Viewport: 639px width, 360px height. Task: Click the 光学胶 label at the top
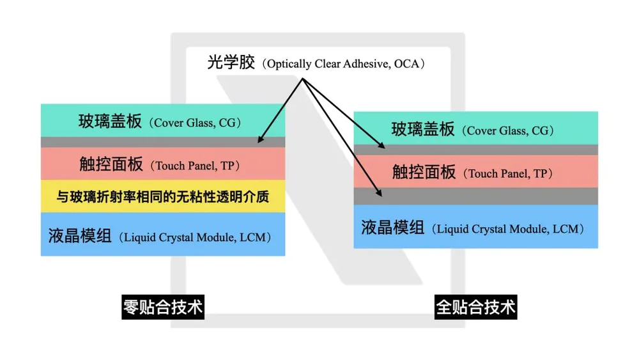coord(231,63)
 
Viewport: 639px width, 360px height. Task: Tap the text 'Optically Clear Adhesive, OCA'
coord(345,64)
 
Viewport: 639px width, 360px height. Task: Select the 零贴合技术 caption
coord(162,308)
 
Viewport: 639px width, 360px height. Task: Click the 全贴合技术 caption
coord(475,308)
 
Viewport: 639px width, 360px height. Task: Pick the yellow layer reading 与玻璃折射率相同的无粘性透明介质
coord(162,197)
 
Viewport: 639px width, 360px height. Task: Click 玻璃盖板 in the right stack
coord(423,129)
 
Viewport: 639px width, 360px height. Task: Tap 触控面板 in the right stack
coord(424,172)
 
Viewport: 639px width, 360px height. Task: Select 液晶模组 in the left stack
coord(79,236)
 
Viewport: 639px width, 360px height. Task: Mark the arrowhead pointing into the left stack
coord(260,140)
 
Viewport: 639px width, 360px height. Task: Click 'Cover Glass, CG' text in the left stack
coord(194,123)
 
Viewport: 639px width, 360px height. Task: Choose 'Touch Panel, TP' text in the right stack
coord(508,173)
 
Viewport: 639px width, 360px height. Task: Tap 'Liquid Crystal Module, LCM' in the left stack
coord(196,237)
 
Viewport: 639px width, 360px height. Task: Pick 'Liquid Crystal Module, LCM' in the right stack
coord(509,229)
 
